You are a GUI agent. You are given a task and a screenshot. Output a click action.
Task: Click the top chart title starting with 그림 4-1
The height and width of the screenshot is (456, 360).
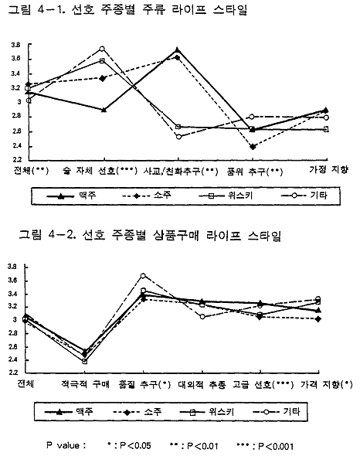pos(127,9)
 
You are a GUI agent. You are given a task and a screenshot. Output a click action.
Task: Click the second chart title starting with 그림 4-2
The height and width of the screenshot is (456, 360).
pos(150,235)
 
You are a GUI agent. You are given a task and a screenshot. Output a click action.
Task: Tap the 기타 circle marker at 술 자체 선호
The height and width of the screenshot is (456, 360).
pos(102,49)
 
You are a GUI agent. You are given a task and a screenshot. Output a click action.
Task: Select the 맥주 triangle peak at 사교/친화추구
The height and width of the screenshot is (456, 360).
pos(177,50)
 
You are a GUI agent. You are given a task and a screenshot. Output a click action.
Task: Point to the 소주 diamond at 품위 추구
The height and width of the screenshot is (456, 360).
pos(253,147)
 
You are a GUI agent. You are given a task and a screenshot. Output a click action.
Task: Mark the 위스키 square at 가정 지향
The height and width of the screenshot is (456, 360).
pos(326,129)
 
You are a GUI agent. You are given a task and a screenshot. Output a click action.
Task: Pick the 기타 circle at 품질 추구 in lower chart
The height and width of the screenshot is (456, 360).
pos(143,275)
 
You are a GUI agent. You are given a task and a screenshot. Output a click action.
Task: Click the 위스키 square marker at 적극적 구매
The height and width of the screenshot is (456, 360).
pos(85,361)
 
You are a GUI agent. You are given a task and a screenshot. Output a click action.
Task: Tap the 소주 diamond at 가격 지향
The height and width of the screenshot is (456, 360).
pos(318,319)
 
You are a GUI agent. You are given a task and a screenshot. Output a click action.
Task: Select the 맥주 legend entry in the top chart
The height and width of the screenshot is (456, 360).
pos(72,196)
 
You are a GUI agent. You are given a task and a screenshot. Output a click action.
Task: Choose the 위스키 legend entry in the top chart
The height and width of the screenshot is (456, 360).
pos(226,196)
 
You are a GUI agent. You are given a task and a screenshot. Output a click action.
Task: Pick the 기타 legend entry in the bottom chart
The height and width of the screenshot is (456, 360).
pos(277,412)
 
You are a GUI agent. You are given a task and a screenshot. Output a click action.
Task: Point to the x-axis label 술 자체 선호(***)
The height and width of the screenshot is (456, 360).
pos(100,171)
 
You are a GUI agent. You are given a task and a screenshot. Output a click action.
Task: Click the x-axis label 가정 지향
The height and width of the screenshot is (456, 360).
pos(328,169)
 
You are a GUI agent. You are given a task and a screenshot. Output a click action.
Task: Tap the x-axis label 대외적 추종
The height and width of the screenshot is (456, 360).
pos(202,385)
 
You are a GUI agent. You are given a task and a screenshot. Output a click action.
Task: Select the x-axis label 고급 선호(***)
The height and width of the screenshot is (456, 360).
pos(263,385)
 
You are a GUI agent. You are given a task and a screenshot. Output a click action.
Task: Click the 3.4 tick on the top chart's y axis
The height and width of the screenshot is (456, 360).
pos(15,74)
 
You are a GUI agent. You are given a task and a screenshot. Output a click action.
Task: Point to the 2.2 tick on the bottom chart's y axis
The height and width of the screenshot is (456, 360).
pos(12,373)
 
